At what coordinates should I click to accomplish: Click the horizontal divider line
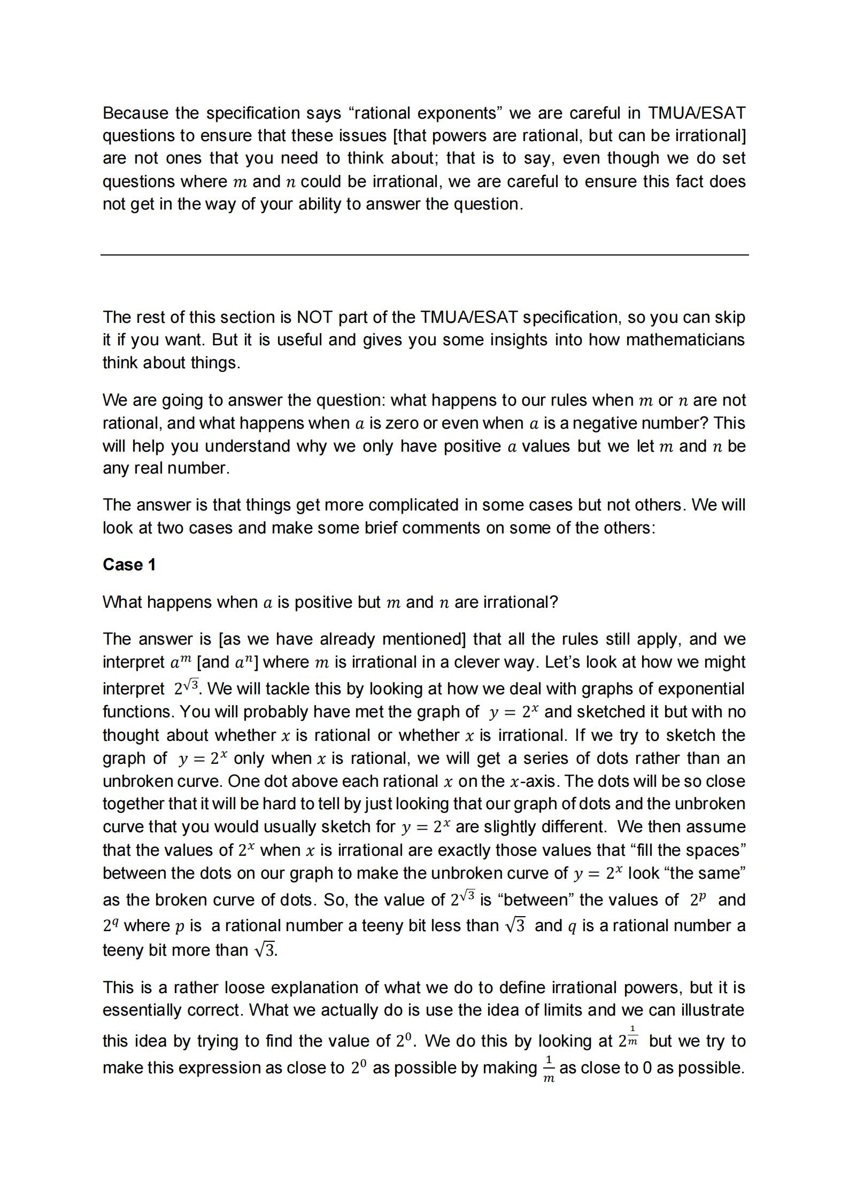tap(424, 255)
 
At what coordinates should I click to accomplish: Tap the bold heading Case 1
tap(129, 564)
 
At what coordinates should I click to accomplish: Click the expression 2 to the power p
tap(698, 900)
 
